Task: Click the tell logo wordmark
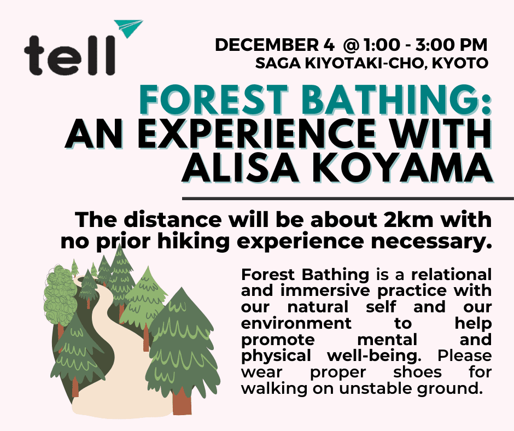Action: point(70,55)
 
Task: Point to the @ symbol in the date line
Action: point(351,45)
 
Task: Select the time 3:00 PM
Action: point(451,45)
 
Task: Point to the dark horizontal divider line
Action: point(348,199)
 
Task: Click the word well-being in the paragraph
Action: point(375,356)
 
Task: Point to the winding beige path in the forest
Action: point(119,362)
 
